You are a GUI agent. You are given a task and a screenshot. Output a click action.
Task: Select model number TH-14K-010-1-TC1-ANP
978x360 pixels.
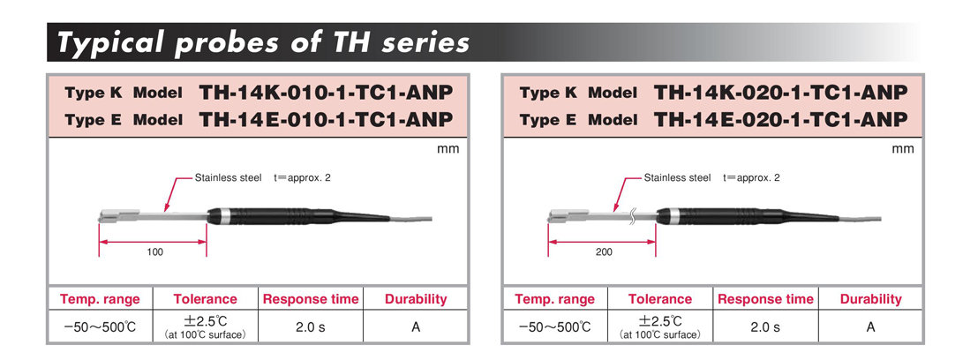click(325, 93)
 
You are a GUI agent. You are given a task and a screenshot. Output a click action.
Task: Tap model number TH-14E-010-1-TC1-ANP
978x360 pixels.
click(325, 119)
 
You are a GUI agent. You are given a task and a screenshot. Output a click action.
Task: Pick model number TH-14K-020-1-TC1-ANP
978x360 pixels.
click(779, 93)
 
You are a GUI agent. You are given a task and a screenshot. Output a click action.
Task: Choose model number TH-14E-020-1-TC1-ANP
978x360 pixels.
click(779, 119)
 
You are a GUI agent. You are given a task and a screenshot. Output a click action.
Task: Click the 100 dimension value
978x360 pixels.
click(154, 252)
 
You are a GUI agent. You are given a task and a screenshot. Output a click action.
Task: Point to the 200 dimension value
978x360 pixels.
click(604, 252)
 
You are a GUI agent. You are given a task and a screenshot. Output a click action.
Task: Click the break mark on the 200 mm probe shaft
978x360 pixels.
click(635, 216)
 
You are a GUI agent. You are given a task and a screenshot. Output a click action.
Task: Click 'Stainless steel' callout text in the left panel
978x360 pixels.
click(229, 178)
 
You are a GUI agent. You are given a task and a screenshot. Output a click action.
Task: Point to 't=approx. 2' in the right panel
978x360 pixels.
click(751, 178)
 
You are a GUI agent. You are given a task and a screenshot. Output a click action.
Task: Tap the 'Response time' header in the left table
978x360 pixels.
click(311, 299)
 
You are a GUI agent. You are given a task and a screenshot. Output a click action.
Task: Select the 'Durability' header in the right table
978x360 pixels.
click(870, 299)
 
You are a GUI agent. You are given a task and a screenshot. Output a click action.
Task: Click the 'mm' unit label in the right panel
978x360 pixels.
click(902, 149)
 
